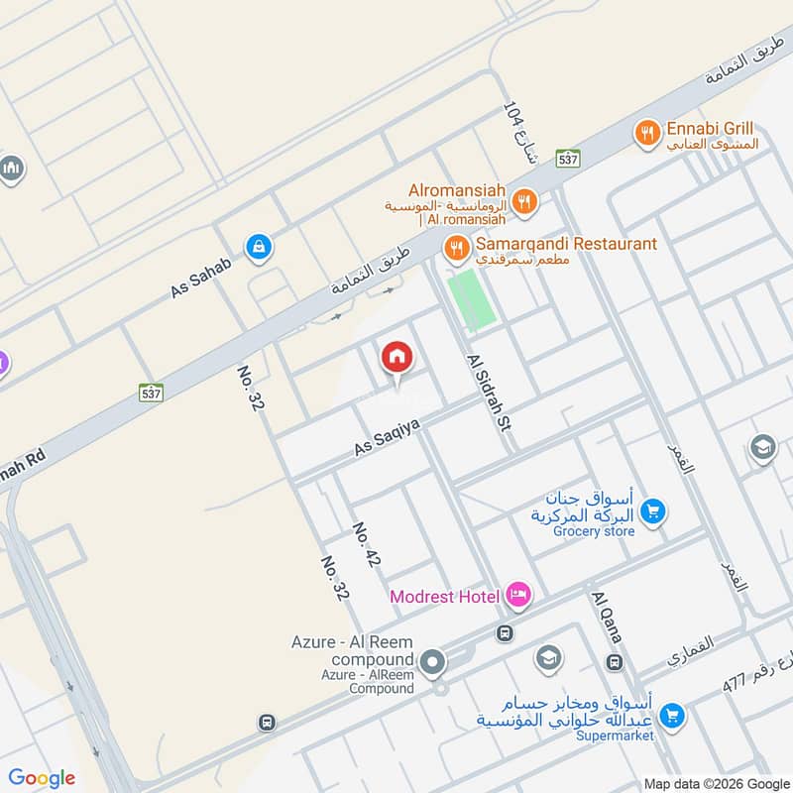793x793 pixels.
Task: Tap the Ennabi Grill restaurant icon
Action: [x=647, y=132]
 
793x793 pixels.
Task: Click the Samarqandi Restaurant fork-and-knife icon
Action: [x=457, y=247]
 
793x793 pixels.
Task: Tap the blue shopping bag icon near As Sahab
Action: [x=258, y=247]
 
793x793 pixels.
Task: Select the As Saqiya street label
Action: [x=388, y=437]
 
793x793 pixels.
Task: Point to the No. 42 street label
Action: [x=365, y=545]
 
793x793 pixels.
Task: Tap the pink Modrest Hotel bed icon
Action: [x=517, y=595]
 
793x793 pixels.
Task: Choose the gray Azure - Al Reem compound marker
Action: [x=432, y=660]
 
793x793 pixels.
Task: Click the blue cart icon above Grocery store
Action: [x=652, y=511]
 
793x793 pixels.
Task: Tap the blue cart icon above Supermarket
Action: [x=672, y=714]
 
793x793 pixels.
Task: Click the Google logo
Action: [x=42, y=778]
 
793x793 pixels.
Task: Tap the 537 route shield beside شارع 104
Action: [x=567, y=159]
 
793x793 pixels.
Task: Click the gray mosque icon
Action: [x=11, y=170]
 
